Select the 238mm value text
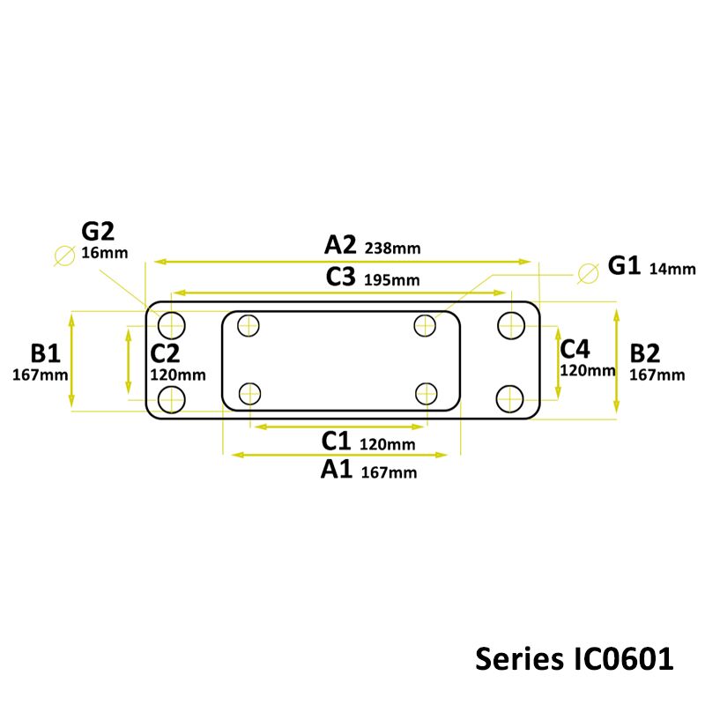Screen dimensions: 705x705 (x=392, y=249)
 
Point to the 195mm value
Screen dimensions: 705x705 (x=391, y=280)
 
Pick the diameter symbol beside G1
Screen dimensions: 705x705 (x=587, y=272)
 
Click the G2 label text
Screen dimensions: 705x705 (x=99, y=232)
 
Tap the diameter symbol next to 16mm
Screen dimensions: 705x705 (x=63, y=256)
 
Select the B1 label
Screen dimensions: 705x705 (x=45, y=353)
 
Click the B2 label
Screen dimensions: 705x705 (x=645, y=353)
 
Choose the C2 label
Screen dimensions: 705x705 (x=165, y=353)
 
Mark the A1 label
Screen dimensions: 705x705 (x=338, y=470)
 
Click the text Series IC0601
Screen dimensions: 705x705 (x=575, y=658)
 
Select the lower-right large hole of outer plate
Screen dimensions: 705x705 (x=510, y=398)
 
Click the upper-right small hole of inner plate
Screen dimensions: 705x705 (x=427, y=325)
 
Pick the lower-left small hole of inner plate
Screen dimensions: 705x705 (x=250, y=392)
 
